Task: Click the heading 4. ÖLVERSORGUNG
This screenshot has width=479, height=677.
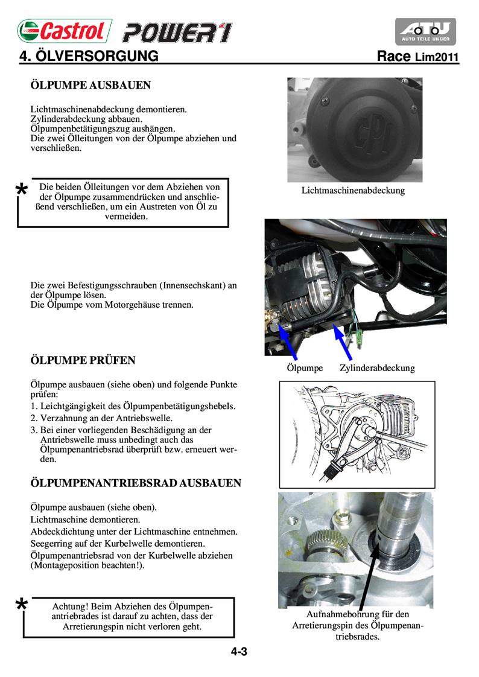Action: tap(89, 57)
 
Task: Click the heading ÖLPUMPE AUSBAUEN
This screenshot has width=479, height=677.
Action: tap(90, 86)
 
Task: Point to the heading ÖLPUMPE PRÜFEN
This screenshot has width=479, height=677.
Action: tap(83, 360)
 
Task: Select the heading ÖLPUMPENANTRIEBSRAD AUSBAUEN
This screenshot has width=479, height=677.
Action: tap(136, 483)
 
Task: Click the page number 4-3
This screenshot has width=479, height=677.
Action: tap(239, 652)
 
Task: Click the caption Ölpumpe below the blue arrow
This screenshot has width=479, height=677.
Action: tap(305, 367)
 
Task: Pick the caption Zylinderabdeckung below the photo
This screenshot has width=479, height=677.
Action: tap(377, 367)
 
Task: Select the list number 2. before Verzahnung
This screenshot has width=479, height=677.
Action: tap(34, 418)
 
